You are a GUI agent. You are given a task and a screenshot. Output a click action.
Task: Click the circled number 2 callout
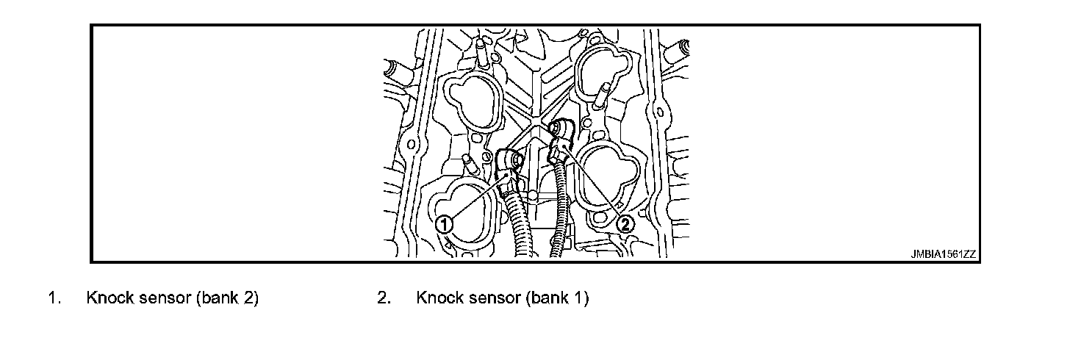(x=625, y=224)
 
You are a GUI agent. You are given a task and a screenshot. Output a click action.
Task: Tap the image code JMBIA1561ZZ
(x=943, y=255)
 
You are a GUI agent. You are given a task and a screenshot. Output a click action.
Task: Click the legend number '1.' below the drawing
(x=54, y=298)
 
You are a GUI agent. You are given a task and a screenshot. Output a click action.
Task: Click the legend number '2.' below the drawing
(x=383, y=298)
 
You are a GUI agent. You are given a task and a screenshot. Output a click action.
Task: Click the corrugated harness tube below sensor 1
(x=522, y=228)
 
